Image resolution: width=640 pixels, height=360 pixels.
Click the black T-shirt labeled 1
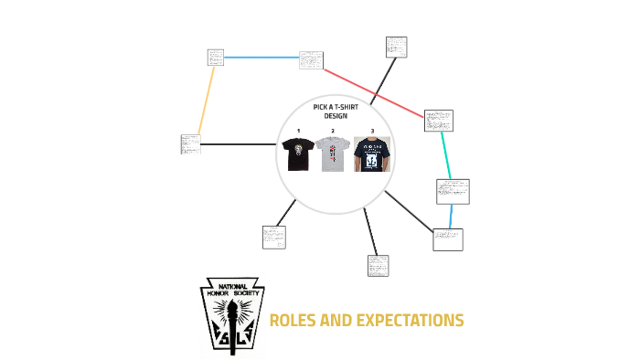(x=298, y=154)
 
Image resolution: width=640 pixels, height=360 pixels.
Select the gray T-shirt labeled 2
(x=333, y=154)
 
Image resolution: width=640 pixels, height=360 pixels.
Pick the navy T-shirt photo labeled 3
(x=372, y=154)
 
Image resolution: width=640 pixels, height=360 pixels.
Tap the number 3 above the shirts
(x=372, y=132)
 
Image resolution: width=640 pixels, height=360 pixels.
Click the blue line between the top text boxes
(x=261, y=58)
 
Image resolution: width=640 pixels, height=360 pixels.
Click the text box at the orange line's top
(x=216, y=57)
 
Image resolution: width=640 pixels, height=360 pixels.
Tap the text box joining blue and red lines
(x=312, y=60)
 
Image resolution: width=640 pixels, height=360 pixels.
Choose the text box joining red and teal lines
(x=438, y=120)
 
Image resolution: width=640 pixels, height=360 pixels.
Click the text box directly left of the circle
(x=190, y=144)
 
